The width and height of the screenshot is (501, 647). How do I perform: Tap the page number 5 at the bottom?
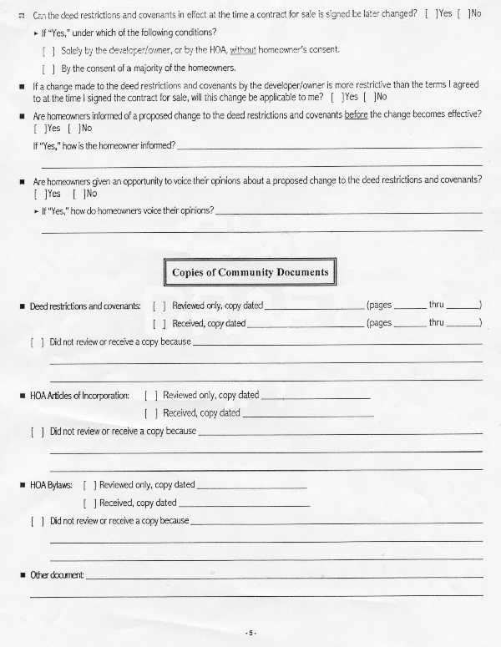click(250, 634)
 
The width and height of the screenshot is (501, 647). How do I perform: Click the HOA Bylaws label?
click(52, 485)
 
